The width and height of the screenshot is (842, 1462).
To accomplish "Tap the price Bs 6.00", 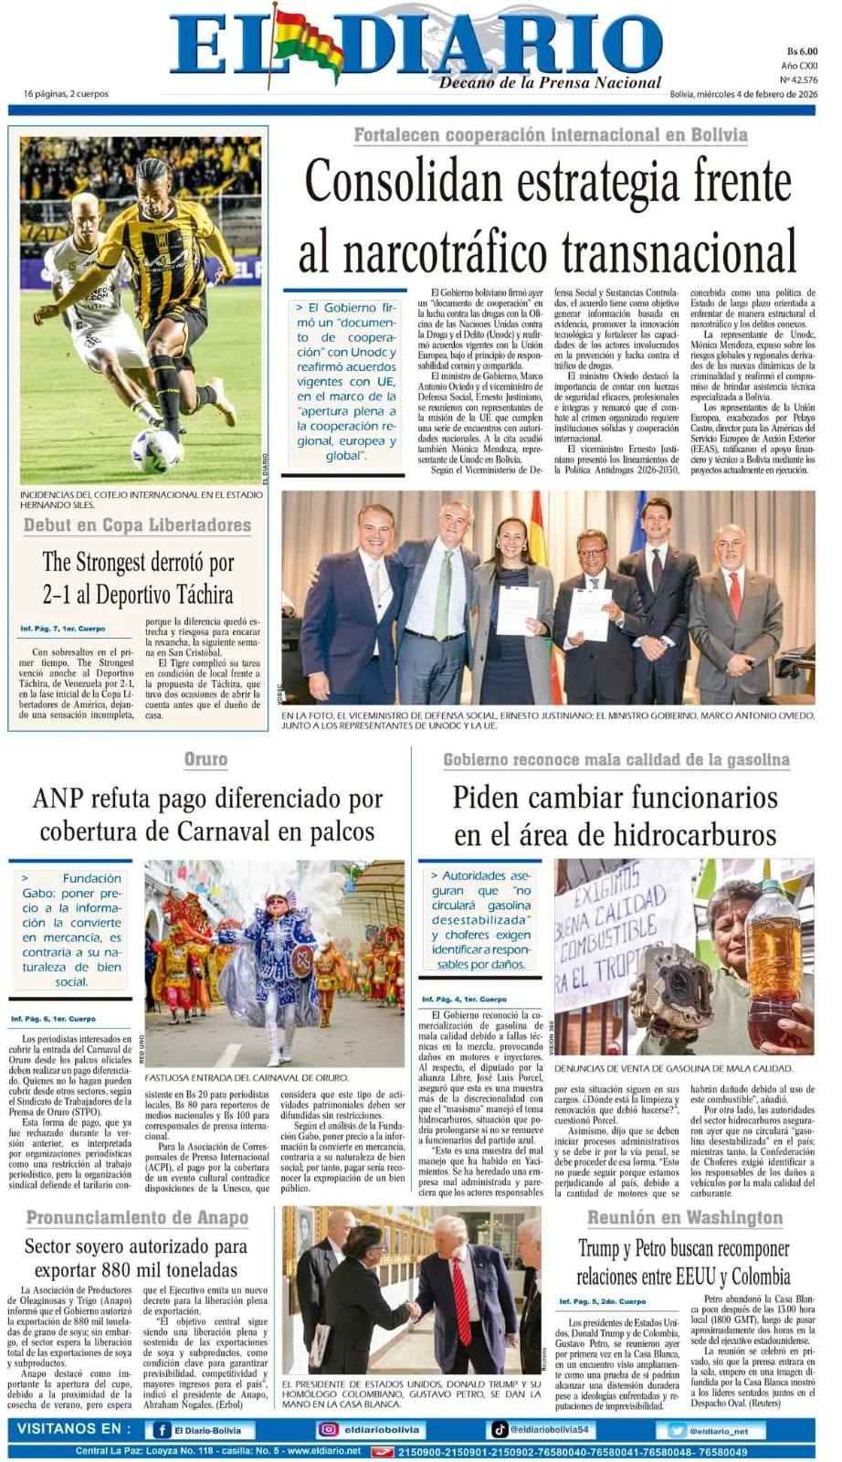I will point(801,52).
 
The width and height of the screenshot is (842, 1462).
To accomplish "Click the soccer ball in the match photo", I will point(155,450).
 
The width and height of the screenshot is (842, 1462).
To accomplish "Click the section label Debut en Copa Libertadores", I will point(137,525).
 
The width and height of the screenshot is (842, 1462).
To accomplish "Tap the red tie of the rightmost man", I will point(734,594).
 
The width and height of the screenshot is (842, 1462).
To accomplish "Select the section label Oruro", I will point(205,759).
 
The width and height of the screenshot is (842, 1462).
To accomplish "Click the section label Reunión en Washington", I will point(684,1218).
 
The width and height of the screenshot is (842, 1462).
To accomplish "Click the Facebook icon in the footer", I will point(162,1430).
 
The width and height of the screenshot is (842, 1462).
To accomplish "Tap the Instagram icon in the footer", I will point(328,1430).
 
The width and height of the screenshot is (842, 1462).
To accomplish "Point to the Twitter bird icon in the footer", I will point(676,1431).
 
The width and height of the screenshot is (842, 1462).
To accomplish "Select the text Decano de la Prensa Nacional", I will point(550,83).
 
